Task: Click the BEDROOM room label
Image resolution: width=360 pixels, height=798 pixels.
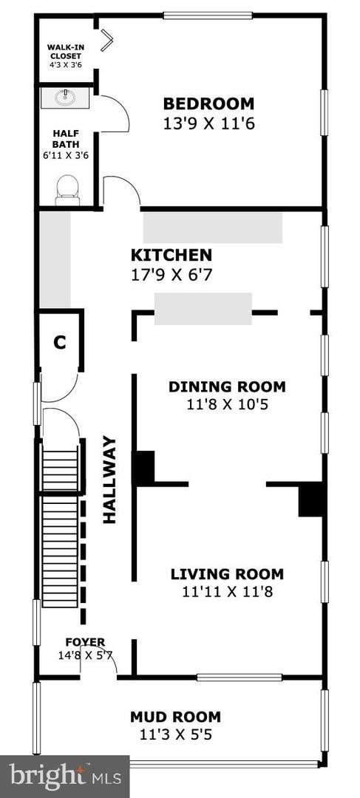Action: pos(208,104)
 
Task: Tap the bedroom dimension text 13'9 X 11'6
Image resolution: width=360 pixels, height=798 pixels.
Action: pos(208,123)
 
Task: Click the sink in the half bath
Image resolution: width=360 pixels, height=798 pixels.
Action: pos(65,97)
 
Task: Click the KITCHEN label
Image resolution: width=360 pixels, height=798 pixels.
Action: pos(171,254)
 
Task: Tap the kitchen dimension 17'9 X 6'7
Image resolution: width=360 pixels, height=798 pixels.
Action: pos(171,275)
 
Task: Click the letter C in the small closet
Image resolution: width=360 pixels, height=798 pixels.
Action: pos(60,343)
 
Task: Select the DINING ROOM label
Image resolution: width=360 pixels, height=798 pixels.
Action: pos(227,386)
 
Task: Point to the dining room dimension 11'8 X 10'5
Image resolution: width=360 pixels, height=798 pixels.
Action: pos(227,405)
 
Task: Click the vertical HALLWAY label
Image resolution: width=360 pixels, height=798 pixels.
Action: pos(109,480)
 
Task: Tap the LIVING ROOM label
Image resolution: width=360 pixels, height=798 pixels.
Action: pos(227,574)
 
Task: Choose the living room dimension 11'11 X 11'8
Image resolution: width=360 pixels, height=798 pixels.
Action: pos(227,592)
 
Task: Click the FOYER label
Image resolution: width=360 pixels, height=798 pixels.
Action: pos(85,642)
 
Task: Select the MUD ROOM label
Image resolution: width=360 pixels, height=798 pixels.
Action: pos(176,717)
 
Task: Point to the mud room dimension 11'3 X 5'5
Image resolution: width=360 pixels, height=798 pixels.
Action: pos(176,735)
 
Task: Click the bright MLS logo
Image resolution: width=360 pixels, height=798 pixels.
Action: pos(65,777)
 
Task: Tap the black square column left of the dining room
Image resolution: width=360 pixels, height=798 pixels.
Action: pos(144,467)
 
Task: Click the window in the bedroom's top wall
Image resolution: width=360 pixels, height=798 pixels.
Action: pos(208,16)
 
